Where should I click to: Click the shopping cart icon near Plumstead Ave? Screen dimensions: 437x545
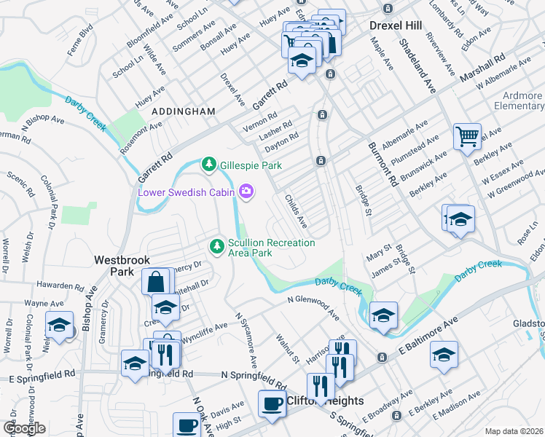click(467, 136)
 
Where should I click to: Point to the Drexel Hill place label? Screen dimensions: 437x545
click(396, 25)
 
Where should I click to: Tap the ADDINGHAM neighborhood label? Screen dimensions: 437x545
click(183, 111)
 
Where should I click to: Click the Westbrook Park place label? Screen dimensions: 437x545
click(114, 265)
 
